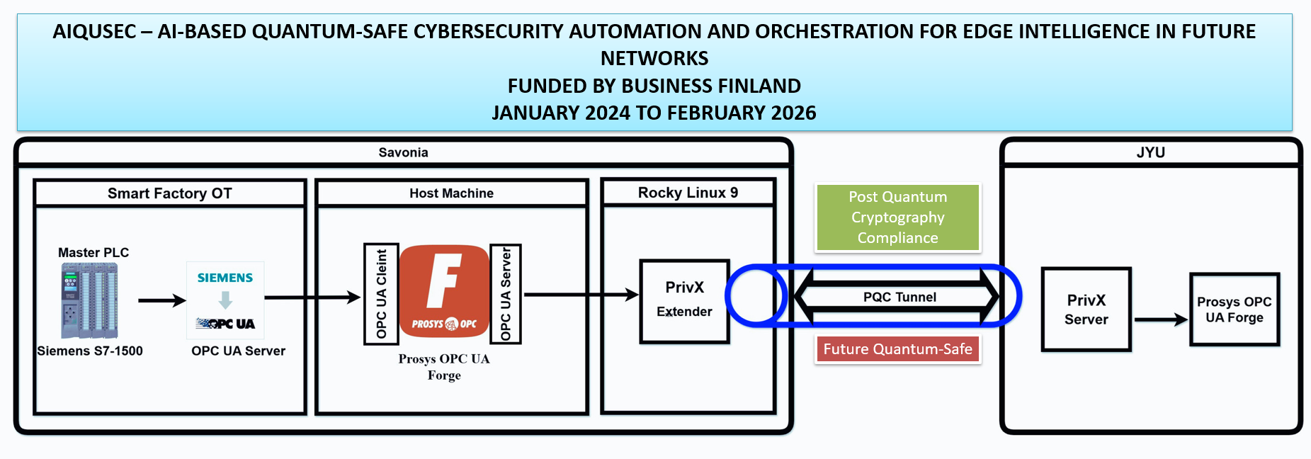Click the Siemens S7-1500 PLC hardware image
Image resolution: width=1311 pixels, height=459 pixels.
coord(89,300)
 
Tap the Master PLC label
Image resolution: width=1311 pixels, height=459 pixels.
coord(93,253)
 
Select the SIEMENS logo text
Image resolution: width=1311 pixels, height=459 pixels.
coord(225,278)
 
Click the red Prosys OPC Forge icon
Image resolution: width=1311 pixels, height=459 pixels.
coord(444,291)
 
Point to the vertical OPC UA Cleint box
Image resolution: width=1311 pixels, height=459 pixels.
coord(381,294)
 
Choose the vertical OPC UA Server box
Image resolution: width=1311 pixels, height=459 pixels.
coord(506,294)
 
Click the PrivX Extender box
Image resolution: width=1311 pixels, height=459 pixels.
coord(684,301)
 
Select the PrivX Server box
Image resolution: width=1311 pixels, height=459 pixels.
coord(1086,310)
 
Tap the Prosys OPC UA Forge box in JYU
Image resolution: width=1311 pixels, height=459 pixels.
coord(1235,310)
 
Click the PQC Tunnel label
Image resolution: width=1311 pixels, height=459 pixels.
coord(899,297)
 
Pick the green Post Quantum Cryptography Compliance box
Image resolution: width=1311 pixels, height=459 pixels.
coord(897,217)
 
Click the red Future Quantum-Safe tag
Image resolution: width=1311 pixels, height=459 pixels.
coord(897,349)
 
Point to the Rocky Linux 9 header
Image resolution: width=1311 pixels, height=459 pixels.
coord(688,193)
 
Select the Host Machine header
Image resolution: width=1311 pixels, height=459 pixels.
coord(451,193)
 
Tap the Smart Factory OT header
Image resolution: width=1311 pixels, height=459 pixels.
coord(169,193)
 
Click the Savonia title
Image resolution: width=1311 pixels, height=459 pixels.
coord(403,152)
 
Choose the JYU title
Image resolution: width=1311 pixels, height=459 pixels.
coord(1150,152)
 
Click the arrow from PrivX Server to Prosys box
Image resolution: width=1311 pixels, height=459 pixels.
coord(1160,319)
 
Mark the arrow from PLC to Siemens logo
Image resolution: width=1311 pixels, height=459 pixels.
coord(161,300)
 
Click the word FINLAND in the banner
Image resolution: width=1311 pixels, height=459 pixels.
coord(759,86)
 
